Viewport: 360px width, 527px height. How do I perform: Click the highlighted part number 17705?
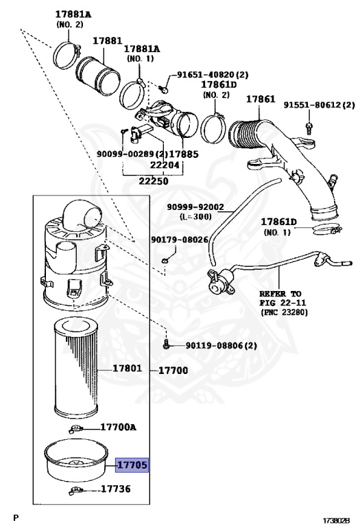coord(132,465)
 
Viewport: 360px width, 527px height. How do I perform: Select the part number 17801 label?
coord(128,368)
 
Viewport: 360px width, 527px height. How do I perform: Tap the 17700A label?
coord(118,428)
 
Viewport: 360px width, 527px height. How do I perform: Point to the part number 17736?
coord(115,489)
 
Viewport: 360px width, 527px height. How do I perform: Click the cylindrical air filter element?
coord(76,368)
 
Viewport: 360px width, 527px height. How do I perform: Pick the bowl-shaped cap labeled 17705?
coord(76,460)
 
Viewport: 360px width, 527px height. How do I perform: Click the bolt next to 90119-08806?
coord(166,344)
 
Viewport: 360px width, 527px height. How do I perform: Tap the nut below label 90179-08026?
coord(165,261)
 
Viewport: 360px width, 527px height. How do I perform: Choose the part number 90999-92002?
coord(195,207)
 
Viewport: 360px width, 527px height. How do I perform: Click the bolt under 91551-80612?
coord(309,126)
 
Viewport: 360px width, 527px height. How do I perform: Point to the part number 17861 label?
coord(261,99)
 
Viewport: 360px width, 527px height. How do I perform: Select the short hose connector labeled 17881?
coord(98,75)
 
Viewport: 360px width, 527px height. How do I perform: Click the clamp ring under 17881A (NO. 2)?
coord(67,56)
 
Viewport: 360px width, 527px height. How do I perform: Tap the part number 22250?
coord(154,181)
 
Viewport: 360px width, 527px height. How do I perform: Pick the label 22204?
coord(165,165)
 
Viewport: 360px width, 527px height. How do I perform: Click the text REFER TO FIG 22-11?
coord(283,298)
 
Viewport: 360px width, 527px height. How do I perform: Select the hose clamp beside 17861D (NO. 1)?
coord(326,231)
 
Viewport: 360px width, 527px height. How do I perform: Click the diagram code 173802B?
coord(336,521)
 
